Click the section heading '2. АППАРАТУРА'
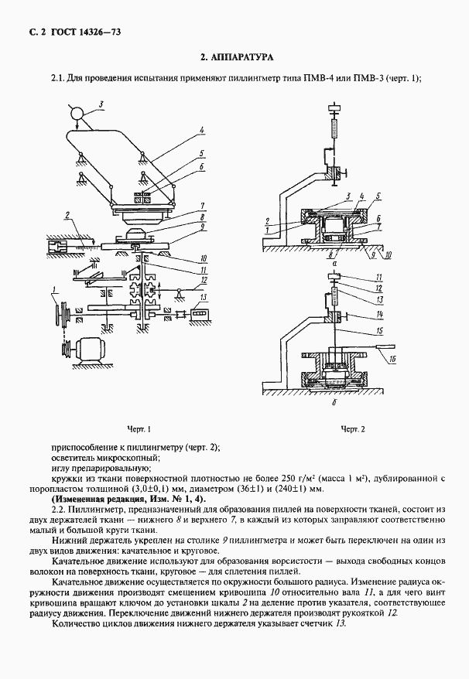pos(236,58)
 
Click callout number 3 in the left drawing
pos(101,103)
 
